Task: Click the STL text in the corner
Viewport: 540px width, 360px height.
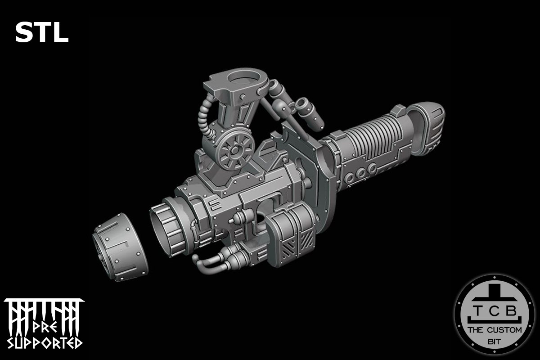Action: click(x=41, y=32)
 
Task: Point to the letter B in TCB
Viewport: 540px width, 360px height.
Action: click(x=511, y=311)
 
